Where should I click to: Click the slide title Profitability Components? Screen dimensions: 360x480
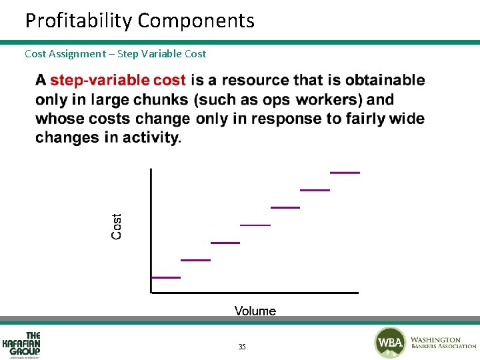[x=139, y=21]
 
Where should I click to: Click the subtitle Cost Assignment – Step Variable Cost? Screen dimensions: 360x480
[x=115, y=53]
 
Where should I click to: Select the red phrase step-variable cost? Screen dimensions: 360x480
[x=118, y=81]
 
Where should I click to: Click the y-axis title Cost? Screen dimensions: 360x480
[x=117, y=227]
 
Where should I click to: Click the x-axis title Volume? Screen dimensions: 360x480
[x=255, y=311]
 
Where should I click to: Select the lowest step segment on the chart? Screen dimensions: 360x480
[x=166, y=277]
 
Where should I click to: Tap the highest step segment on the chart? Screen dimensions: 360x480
[x=345, y=172]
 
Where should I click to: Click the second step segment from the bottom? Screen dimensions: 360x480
[x=195, y=259]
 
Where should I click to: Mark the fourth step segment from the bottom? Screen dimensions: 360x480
[x=255, y=225]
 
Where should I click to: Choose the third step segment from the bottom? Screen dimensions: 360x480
[x=225, y=243]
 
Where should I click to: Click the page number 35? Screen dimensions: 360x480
[x=242, y=347]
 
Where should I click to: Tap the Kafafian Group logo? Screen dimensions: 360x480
[x=22, y=345]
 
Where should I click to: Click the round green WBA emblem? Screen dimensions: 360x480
[x=389, y=343]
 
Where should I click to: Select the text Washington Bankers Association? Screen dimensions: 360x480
[x=443, y=343]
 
